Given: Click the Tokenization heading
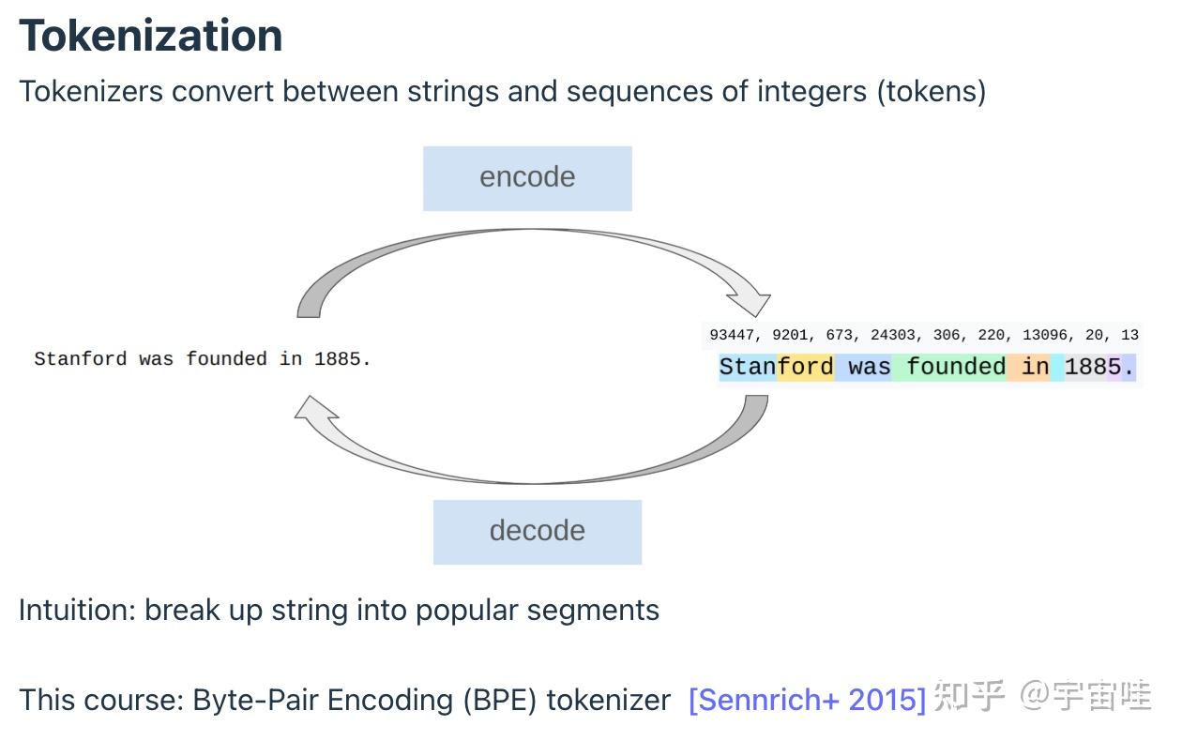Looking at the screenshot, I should [150, 36].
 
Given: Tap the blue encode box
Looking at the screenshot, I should [527, 178].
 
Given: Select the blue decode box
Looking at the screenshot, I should [537, 532].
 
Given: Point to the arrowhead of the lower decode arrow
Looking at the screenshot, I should [315, 408].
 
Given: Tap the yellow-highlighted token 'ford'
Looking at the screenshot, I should [805, 367].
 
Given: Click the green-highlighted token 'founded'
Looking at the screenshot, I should [955, 367].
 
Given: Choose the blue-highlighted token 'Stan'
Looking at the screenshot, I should [747, 367].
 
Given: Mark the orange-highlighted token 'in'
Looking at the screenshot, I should [1034, 367].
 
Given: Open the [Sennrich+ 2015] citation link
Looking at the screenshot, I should [807, 700].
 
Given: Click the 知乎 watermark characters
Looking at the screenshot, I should [969, 696].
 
